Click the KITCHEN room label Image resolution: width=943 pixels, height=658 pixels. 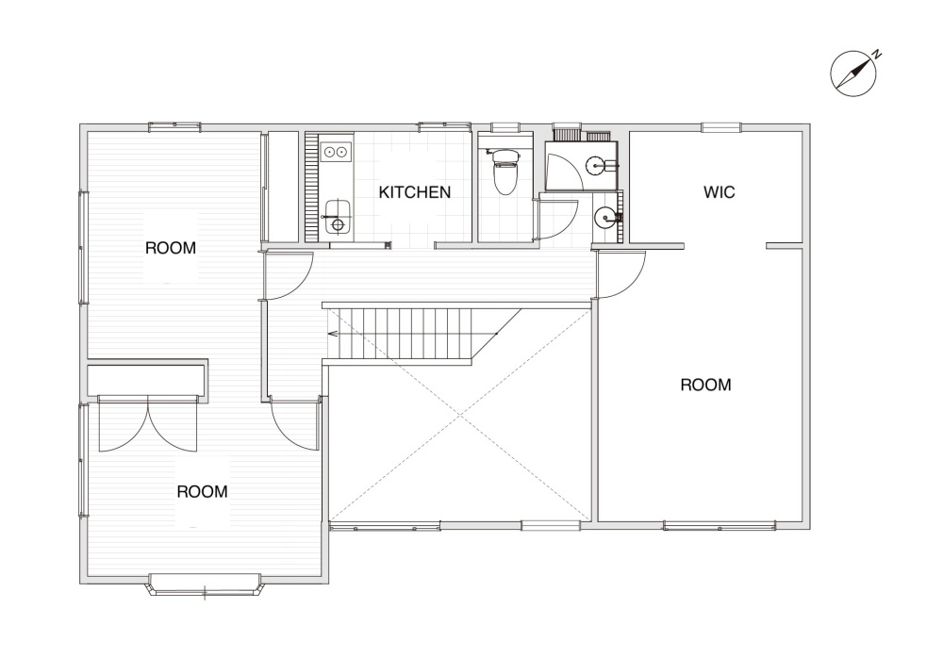click(x=414, y=192)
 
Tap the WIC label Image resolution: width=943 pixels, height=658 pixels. click(x=719, y=192)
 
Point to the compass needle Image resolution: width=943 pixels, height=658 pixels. click(x=853, y=74)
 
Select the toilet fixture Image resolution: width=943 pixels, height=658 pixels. click(x=504, y=172)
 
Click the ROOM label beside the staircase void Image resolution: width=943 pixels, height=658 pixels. click(x=705, y=385)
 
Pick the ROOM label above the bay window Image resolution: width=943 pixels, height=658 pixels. click(x=202, y=491)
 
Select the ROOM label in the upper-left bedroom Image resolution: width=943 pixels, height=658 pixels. click(x=171, y=248)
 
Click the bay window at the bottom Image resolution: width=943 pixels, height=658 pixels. click(x=205, y=585)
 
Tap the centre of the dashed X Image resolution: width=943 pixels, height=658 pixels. click(x=460, y=415)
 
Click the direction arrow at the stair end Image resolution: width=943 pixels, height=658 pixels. click(x=332, y=333)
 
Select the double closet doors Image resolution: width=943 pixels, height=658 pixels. click(x=148, y=424)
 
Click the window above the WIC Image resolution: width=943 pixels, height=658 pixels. click(x=721, y=127)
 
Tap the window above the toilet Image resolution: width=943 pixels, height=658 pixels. click(x=505, y=127)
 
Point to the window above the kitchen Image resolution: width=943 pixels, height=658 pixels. click(x=444, y=127)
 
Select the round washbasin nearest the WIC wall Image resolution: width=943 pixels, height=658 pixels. click(x=604, y=216)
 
